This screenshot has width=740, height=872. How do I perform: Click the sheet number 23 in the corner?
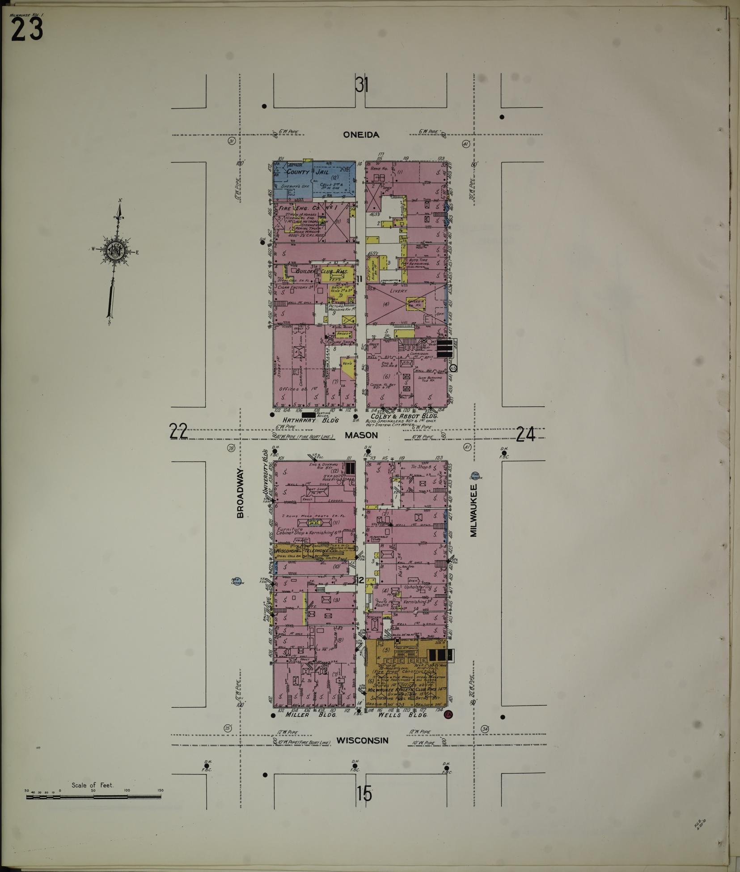(x=27, y=30)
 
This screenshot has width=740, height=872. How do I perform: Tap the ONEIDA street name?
(x=361, y=135)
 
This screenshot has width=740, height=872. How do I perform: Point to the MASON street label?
(x=361, y=434)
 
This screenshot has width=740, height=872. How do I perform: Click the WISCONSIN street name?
(x=362, y=740)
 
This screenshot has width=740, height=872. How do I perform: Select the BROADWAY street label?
(x=240, y=493)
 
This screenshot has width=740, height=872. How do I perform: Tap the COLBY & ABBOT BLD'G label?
(x=404, y=416)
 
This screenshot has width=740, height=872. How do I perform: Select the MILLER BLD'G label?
(x=310, y=715)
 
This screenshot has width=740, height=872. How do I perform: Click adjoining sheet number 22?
(x=178, y=432)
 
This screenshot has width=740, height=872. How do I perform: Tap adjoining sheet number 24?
(x=525, y=434)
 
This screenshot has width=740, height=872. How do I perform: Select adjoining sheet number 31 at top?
(x=362, y=85)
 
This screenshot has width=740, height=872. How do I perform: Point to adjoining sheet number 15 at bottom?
(x=364, y=794)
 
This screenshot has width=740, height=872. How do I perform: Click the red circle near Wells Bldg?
(x=447, y=715)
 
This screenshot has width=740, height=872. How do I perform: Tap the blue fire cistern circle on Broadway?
(x=237, y=581)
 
